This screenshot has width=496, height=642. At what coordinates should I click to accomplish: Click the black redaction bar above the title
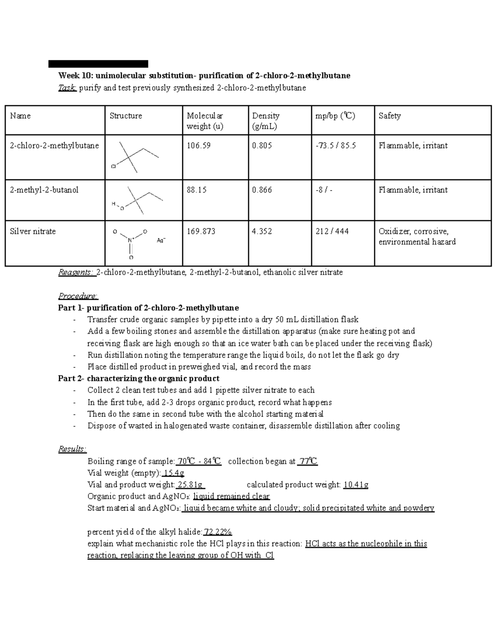(x=98, y=64)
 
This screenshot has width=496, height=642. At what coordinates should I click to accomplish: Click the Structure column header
(x=126, y=116)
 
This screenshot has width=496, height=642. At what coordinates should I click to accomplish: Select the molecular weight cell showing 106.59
(x=198, y=146)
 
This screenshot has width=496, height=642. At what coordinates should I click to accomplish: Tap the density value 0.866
(x=262, y=190)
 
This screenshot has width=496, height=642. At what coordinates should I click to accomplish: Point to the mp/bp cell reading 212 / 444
(x=332, y=232)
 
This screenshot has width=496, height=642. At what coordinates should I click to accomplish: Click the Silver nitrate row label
(x=33, y=232)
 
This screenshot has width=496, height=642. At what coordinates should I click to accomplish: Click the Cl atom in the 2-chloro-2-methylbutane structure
(x=113, y=167)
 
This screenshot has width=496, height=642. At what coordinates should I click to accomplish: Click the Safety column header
(x=389, y=116)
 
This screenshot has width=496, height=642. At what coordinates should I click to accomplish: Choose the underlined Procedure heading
(x=78, y=296)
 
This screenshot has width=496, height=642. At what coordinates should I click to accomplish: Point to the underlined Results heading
(x=72, y=449)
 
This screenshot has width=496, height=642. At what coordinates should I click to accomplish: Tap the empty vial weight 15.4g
(x=174, y=473)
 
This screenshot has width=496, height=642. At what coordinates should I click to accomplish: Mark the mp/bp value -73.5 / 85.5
(x=336, y=146)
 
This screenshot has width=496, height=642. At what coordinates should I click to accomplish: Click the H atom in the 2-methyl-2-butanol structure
(x=113, y=204)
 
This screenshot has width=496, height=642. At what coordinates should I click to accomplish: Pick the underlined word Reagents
(x=76, y=272)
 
